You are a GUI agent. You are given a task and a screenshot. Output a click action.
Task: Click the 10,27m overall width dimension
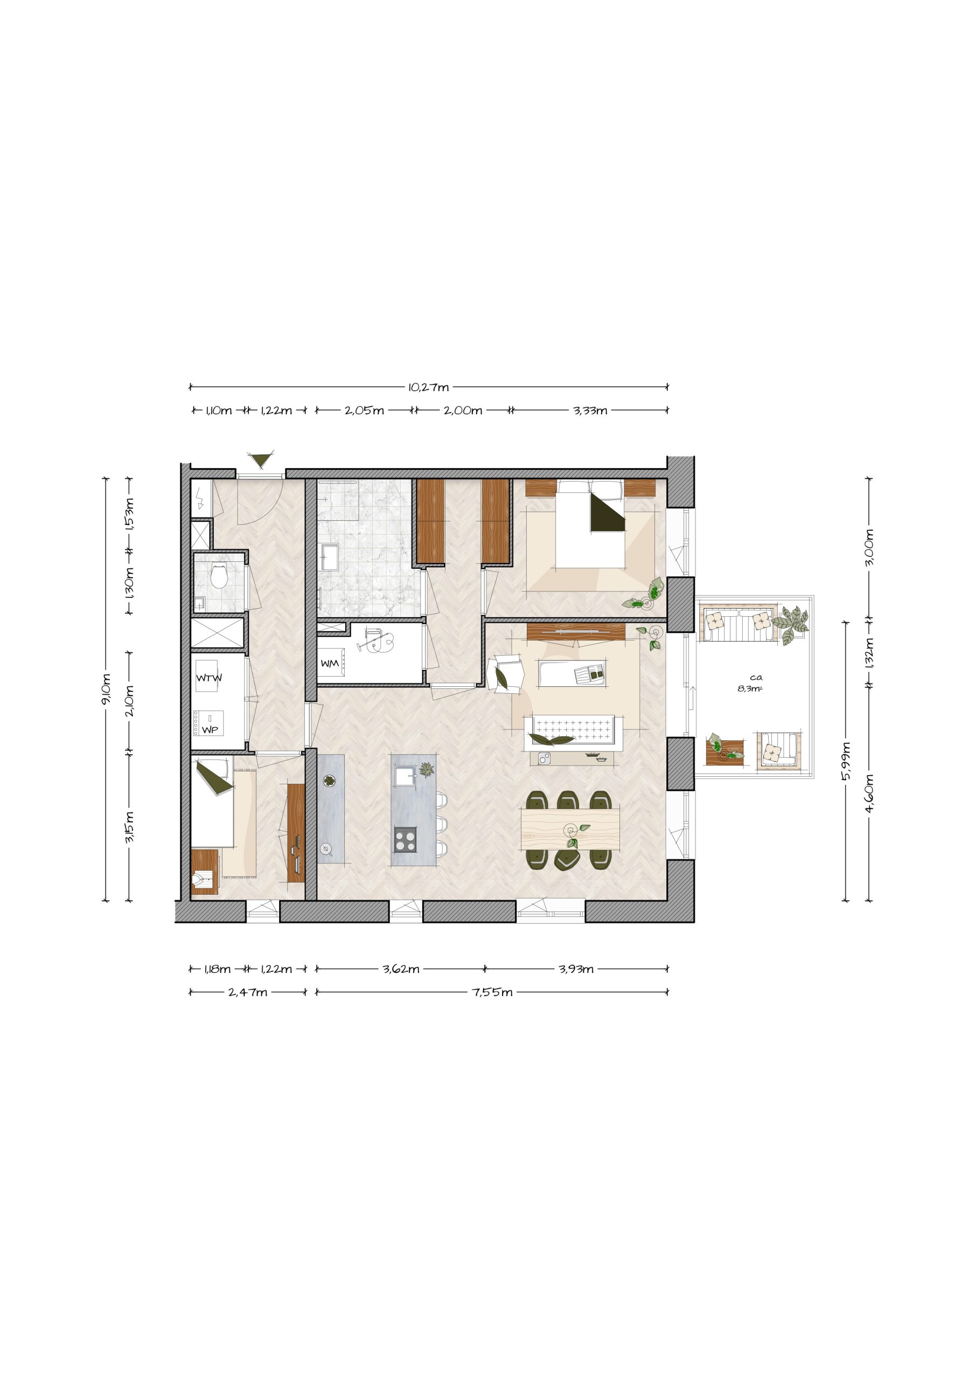coord(428,387)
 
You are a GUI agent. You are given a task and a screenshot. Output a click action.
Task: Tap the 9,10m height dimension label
coord(106,689)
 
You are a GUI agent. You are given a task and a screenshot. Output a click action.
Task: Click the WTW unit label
coord(209,678)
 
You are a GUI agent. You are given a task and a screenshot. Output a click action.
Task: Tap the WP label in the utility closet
coord(210,730)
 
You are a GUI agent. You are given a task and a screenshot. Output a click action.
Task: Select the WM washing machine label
coord(329,664)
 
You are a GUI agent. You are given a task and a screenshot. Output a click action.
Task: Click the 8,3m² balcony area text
coord(750,689)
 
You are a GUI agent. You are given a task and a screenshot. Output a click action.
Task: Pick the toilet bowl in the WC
coord(219,577)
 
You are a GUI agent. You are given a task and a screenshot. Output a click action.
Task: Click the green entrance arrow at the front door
coord(261,459)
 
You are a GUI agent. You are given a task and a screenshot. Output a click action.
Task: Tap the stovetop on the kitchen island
coord(405,839)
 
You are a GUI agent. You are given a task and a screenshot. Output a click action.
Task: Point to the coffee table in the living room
coord(572,674)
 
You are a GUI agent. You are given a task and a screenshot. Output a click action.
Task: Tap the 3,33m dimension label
coord(590,411)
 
